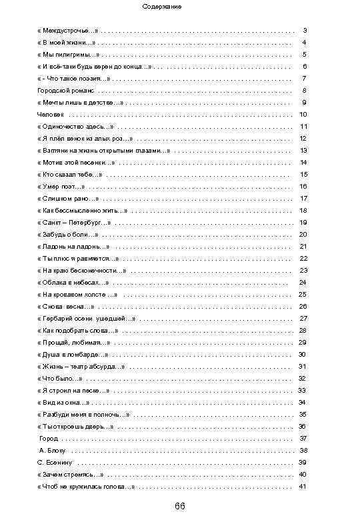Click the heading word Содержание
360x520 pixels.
pos(162,7)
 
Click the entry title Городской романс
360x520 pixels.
pos(66,90)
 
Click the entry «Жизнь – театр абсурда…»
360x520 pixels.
pos(81,366)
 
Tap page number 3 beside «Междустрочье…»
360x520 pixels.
pos(305,31)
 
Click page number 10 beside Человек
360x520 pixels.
pos(303,114)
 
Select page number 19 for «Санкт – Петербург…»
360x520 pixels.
pos(303,222)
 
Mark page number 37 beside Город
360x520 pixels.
pos(303,438)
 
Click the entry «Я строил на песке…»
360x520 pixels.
pos(74,390)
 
